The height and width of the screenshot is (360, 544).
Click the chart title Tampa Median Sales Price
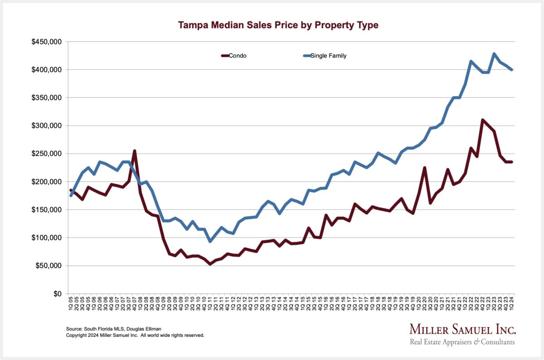pos(278,25)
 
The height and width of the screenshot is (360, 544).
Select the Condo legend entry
pos(234,56)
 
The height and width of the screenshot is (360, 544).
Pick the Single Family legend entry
pos(325,56)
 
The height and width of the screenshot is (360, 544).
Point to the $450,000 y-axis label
pos(47,42)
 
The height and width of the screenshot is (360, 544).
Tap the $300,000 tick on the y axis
pos(47,126)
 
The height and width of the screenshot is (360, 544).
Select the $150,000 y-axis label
pos(47,210)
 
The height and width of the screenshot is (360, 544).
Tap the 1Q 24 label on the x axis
pos(512,303)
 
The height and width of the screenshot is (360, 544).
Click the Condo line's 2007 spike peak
pos(135,151)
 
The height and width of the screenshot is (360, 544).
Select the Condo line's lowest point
pos(209,264)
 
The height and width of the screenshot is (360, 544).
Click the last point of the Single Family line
pos(512,70)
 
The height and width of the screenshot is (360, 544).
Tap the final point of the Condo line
pos(512,162)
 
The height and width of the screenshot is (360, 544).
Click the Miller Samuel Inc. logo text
pos(462,329)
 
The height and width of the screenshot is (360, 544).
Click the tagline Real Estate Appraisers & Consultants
pos(462,341)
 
